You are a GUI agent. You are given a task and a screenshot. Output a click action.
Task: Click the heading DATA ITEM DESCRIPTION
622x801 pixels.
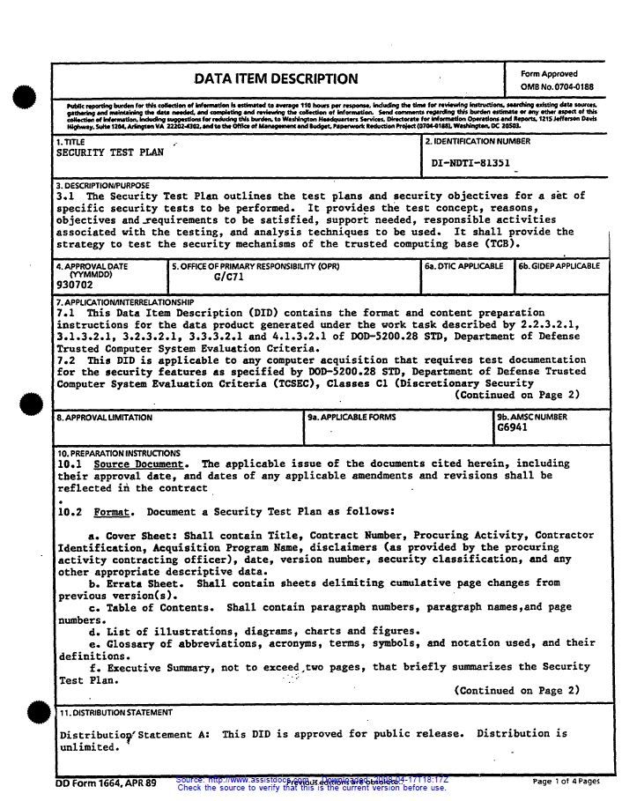click(276, 78)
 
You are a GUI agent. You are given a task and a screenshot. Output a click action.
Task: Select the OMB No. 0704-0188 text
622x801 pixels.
click(557, 87)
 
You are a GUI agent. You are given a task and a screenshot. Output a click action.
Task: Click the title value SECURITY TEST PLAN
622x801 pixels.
click(110, 152)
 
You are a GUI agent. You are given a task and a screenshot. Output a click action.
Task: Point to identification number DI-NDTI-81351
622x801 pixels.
click(471, 163)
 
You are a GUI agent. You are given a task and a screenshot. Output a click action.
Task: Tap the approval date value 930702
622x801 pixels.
click(74, 286)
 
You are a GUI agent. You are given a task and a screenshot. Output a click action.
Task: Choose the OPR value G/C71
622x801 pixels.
click(228, 277)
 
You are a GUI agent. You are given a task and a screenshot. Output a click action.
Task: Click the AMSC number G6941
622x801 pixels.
click(512, 427)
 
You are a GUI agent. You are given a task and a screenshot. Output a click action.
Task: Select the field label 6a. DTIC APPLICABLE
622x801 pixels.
click(463, 265)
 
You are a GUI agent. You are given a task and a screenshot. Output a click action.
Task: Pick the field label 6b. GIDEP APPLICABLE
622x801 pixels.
click(559, 265)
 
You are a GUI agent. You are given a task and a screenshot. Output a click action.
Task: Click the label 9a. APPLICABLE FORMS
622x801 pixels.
click(352, 417)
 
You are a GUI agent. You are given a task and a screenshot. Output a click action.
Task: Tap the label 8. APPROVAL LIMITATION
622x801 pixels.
click(104, 417)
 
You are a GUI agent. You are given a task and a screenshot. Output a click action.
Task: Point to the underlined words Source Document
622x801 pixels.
click(139, 464)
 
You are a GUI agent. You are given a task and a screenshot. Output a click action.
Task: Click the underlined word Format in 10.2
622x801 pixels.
click(111, 512)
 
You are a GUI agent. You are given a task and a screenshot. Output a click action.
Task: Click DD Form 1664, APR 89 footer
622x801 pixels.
click(105, 782)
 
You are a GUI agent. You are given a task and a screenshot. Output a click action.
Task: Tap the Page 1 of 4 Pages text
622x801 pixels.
click(566, 781)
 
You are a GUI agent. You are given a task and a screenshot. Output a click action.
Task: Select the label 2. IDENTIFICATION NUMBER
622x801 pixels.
click(478, 142)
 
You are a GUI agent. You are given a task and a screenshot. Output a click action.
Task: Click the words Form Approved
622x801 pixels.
click(549, 74)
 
